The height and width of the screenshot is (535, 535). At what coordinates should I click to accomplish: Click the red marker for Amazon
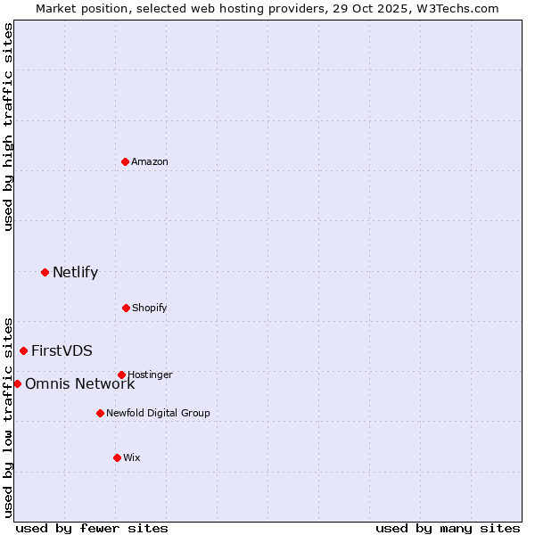pos(125,161)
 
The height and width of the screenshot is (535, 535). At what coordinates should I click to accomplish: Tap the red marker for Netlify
pos(45,272)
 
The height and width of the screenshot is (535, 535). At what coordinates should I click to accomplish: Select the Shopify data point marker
pos(126,308)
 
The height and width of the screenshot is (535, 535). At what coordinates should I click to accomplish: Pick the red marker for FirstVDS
pos(23,350)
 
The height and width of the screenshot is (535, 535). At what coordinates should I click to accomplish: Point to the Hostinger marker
pos(121,374)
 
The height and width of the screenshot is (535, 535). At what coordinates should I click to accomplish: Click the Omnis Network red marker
pos(17,383)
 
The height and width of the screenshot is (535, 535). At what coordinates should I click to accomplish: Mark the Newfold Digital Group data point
pos(100,413)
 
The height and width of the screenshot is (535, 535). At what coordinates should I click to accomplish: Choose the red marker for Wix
pos(117,457)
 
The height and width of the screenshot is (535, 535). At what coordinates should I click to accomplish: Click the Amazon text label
pos(150,161)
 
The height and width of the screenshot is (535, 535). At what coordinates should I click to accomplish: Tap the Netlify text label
pos(75,272)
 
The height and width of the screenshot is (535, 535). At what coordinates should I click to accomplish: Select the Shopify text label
pos(150,308)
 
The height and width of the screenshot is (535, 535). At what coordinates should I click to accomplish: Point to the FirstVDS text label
pos(62,350)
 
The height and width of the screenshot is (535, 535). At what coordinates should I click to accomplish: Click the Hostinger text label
pos(150,374)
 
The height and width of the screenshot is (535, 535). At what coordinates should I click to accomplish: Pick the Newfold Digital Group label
pos(158,413)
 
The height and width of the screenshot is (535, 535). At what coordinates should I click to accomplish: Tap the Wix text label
pos(132,457)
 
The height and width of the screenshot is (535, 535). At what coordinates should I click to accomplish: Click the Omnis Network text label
pos(79,383)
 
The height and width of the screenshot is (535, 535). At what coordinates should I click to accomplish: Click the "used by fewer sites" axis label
pos(92,528)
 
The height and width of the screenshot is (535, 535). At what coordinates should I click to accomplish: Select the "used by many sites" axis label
pos(448,528)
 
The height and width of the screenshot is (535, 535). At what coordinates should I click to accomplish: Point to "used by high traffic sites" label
pos(9,127)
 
